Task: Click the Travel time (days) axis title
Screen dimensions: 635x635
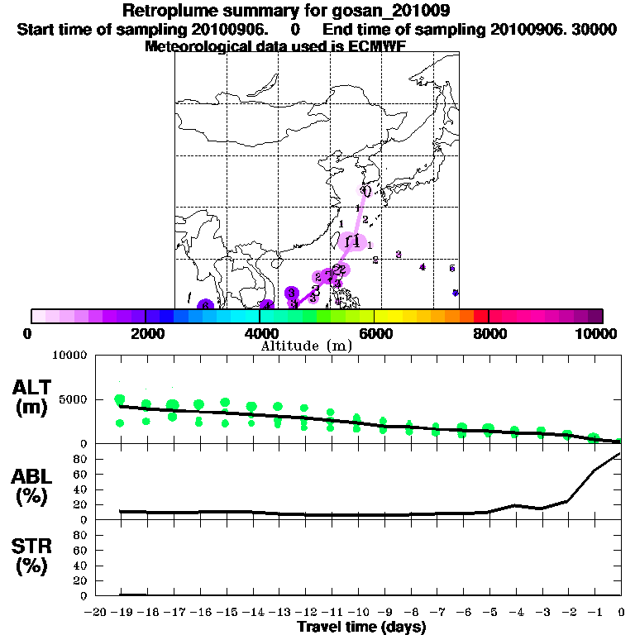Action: pos(361,627)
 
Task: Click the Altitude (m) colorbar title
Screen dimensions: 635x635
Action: pos(307,346)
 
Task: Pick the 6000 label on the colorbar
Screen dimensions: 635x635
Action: pos(375,333)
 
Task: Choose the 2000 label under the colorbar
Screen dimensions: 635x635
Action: pos(146,333)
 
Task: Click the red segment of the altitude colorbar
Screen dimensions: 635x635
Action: pos(481,316)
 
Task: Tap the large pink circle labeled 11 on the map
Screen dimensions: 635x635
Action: pos(353,241)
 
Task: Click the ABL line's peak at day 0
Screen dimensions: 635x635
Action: pos(620,454)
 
